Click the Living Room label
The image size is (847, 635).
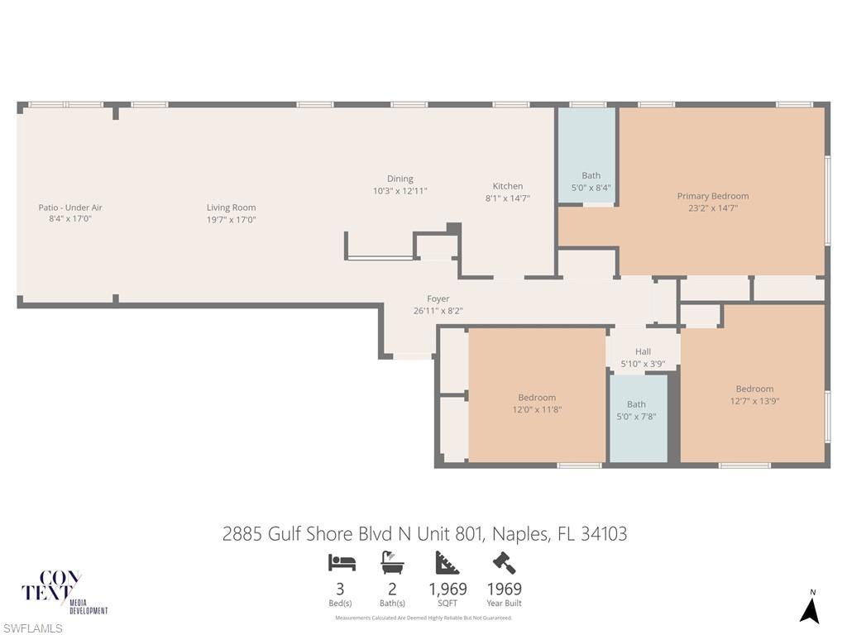231,208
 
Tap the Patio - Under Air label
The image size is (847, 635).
70,208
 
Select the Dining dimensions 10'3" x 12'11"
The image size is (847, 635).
400,191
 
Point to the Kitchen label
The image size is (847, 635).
507,186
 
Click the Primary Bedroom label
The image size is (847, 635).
712,196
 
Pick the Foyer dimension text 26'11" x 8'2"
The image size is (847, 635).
438,311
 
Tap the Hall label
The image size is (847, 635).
643,351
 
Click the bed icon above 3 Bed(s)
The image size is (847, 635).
342,563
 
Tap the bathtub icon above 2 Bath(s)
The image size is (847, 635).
392,563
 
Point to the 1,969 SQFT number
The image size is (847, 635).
447,590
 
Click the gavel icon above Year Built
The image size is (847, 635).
504,563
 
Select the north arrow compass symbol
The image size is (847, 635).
810,609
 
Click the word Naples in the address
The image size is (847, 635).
519,534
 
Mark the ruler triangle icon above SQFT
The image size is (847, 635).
447,563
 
